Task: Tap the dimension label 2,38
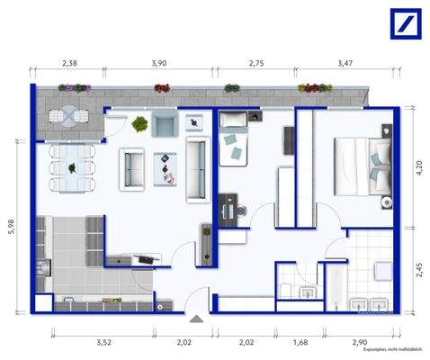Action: (70, 64)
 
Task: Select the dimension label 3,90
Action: (158, 64)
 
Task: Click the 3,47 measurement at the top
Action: (345, 64)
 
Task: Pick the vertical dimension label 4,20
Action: (419, 166)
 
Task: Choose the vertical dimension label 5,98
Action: (12, 229)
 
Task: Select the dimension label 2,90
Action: (360, 343)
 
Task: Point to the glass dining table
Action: (72, 166)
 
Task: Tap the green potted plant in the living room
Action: (139, 123)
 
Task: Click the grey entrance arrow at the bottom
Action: (197, 319)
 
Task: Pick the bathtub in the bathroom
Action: (334, 286)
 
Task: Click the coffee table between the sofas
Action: (165, 166)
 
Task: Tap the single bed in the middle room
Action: (236, 143)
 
